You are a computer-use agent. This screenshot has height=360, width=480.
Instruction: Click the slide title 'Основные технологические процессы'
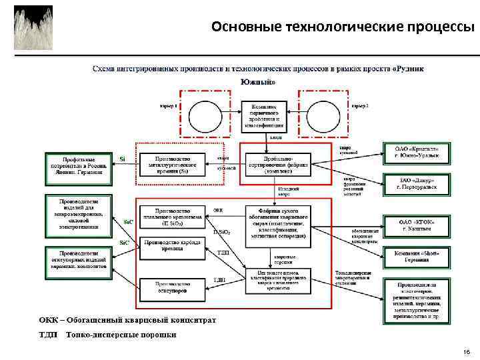tap(343, 27)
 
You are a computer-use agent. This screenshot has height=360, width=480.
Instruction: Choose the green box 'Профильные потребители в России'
tap(79, 165)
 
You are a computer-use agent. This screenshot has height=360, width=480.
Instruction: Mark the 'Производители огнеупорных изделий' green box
tap(79, 260)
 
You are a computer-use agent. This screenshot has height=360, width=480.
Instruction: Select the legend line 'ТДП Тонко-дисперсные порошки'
tap(111, 335)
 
